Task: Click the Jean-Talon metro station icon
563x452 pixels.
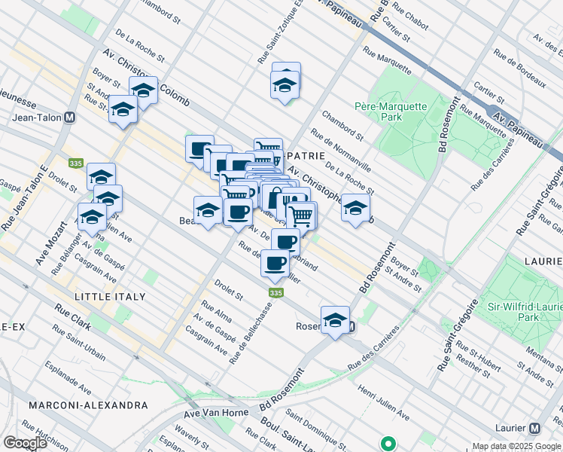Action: coord(69,118)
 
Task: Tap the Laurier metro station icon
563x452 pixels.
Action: coord(534,428)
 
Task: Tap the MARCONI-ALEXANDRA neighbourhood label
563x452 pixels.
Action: coord(88,405)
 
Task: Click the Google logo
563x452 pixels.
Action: coord(25,442)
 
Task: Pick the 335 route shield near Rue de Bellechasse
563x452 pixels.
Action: coord(275,292)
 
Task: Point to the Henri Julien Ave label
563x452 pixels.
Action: coord(384,404)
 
